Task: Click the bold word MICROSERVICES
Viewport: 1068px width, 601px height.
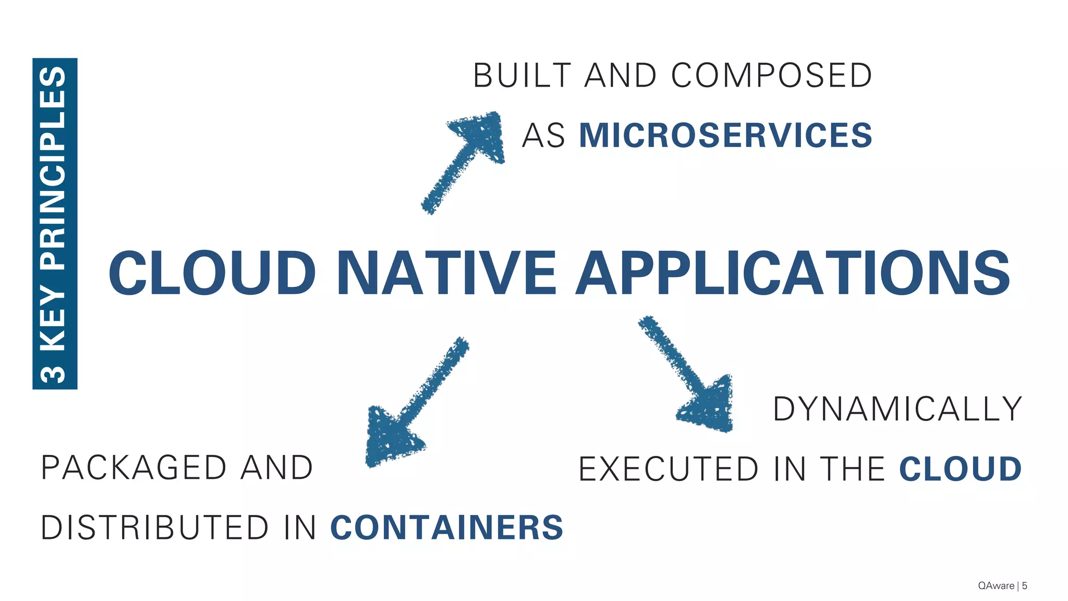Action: tap(725, 135)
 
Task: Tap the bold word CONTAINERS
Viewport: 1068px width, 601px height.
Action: tap(447, 527)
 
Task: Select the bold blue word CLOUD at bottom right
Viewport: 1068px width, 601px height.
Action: tap(960, 468)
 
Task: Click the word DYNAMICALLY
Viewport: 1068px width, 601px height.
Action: tap(897, 408)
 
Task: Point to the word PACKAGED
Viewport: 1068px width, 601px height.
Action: tap(133, 467)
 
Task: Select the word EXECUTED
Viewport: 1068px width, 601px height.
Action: tap(669, 469)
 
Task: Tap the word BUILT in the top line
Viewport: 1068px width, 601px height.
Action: tap(522, 76)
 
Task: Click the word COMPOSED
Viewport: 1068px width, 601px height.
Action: tap(772, 76)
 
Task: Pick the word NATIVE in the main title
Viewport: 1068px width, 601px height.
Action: tap(447, 273)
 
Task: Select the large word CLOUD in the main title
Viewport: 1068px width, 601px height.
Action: tap(212, 273)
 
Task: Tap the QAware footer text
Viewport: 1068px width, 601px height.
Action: tap(996, 586)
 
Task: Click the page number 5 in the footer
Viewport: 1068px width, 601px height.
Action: tap(1025, 586)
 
